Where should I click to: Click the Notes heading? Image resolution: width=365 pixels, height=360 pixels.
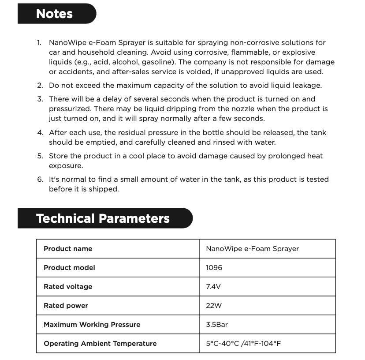click(x=54, y=14)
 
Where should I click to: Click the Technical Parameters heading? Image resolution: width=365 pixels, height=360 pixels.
click(x=103, y=218)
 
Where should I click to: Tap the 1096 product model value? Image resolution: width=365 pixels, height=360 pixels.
click(x=214, y=268)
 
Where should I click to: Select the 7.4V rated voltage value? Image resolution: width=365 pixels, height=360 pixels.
click(x=213, y=287)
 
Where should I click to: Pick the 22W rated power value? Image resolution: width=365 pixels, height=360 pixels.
click(x=213, y=306)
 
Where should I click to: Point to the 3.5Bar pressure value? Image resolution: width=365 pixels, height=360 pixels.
click(x=217, y=325)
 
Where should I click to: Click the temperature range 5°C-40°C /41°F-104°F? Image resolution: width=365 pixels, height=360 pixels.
click(x=243, y=344)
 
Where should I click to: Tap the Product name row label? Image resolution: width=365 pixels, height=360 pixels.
click(x=68, y=249)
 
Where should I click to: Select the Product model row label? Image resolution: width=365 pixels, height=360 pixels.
click(x=69, y=268)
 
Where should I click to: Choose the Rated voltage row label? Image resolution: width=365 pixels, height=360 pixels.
click(x=68, y=287)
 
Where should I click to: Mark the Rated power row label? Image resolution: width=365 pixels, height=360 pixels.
click(x=66, y=306)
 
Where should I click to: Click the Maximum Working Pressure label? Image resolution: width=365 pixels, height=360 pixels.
click(x=92, y=325)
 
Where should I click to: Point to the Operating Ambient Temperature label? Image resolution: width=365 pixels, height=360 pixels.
click(x=100, y=344)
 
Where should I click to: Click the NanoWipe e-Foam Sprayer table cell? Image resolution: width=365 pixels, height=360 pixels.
click(x=252, y=249)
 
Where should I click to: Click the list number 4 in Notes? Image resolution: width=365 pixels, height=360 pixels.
click(x=40, y=132)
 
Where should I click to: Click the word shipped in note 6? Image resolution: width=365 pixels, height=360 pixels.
click(x=106, y=189)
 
